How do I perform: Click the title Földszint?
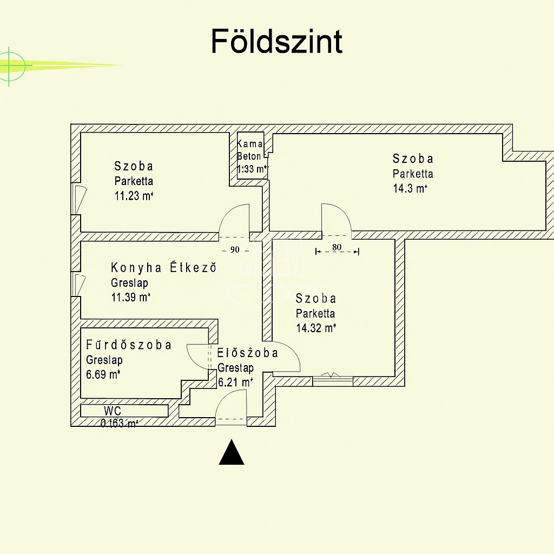pyautogui.click(x=276, y=41)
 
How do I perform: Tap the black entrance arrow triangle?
pyautogui.click(x=232, y=453)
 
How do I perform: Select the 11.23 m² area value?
pyautogui.click(x=134, y=196)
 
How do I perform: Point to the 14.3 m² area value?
pyautogui.click(x=410, y=189)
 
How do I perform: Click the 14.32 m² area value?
pyautogui.click(x=316, y=327)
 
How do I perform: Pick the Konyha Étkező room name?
pyautogui.click(x=163, y=267)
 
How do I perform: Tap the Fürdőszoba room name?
pyautogui.click(x=129, y=345)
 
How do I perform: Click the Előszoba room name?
pyautogui.click(x=247, y=353)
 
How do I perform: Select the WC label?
pyautogui.click(x=113, y=411)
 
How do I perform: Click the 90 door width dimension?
pyautogui.click(x=235, y=250)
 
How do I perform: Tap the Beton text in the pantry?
pyautogui.click(x=249, y=156)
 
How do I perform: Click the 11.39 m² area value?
pyautogui.click(x=130, y=297)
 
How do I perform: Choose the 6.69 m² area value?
pyautogui.click(x=103, y=374)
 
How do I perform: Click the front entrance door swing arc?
pyautogui.click(x=232, y=403)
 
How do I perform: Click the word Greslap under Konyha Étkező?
pyautogui.click(x=129, y=282)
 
